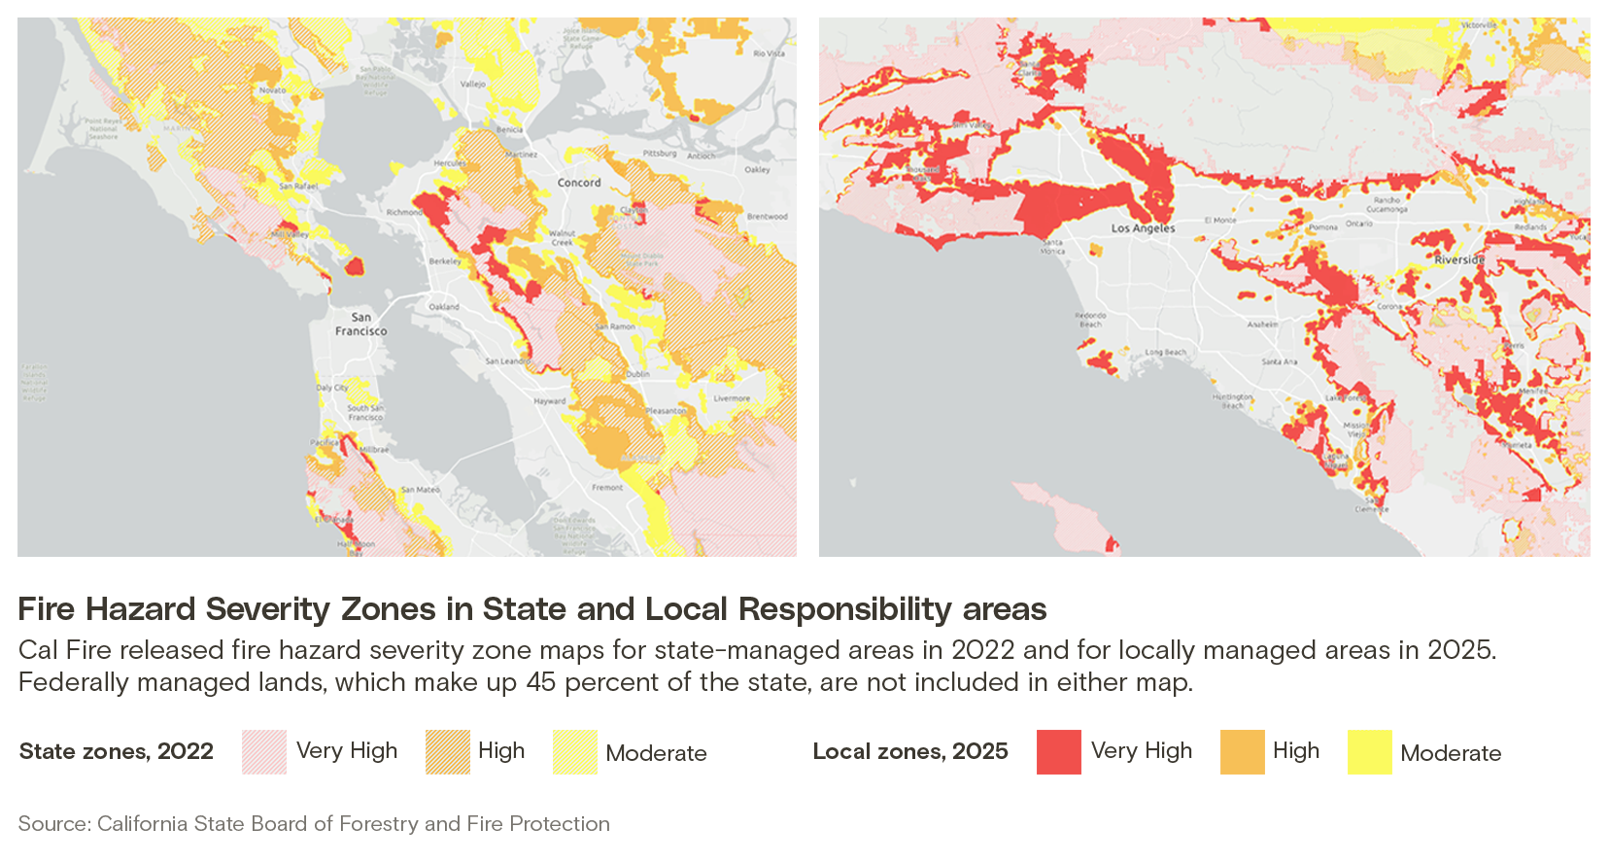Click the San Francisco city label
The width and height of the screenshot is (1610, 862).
(x=360, y=324)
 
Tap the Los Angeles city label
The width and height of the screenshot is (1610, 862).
(x=1143, y=228)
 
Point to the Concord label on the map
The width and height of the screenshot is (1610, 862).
(x=579, y=183)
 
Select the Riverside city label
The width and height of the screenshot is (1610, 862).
(x=1459, y=259)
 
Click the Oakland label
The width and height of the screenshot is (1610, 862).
(x=444, y=306)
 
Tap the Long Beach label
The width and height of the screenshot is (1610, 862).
(x=1165, y=352)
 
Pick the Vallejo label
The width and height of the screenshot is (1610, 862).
(x=472, y=85)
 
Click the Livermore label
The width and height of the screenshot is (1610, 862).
(x=732, y=398)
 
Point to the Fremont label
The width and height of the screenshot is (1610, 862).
(x=607, y=487)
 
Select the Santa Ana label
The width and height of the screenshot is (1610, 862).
(x=1279, y=362)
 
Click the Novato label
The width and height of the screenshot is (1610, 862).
(x=272, y=89)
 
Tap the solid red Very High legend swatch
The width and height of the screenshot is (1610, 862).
(x=1058, y=752)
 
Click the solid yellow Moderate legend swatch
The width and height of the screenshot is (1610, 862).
(x=1369, y=752)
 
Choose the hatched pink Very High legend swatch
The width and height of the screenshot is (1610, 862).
(x=263, y=752)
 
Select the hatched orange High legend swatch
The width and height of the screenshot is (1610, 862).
(x=447, y=752)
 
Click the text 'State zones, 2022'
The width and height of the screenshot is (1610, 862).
(x=116, y=751)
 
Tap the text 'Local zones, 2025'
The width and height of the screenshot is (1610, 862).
(x=910, y=751)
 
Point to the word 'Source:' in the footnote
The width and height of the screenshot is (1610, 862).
(x=53, y=824)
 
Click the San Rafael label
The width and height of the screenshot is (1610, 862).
(x=298, y=186)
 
